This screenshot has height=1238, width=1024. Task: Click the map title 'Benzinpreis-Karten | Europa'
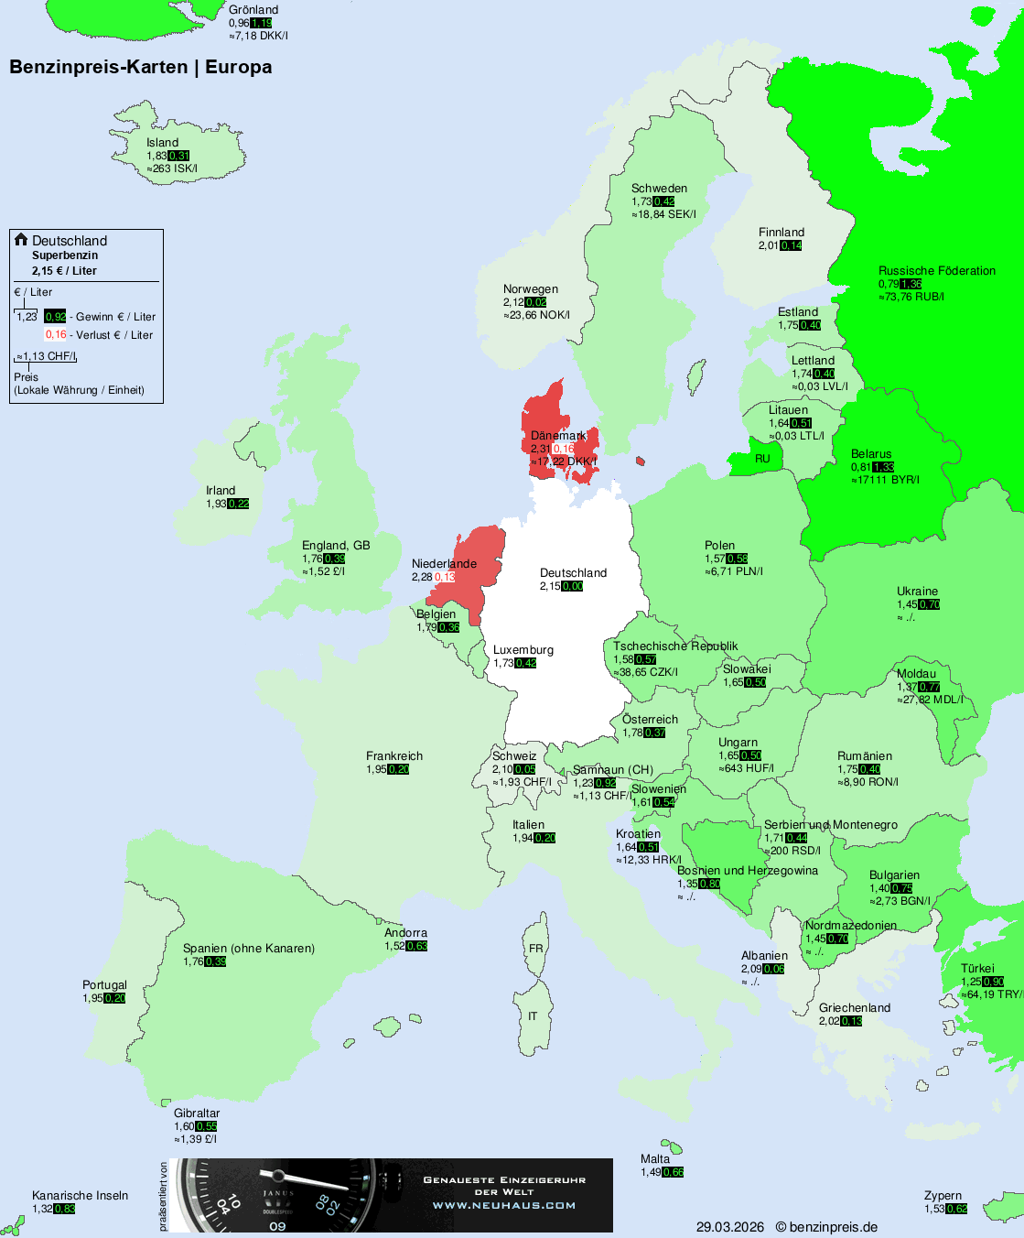[140, 67]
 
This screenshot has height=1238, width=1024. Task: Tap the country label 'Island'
[162, 143]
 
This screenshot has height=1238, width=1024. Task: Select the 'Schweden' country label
[659, 189]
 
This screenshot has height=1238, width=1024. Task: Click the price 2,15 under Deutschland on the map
[550, 586]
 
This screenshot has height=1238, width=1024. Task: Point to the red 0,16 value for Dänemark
[564, 449]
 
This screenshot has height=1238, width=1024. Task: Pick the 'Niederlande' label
[444, 564]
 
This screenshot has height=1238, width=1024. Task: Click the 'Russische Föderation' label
[936, 271]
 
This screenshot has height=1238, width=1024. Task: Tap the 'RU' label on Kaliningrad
[762, 459]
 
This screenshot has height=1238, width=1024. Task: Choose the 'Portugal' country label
[104, 985]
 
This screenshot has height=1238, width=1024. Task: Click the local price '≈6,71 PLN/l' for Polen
[733, 571]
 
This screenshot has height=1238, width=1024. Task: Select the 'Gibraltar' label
[197, 1113]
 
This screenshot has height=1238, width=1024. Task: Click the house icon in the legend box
[21, 240]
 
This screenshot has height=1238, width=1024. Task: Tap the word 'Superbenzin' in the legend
[65, 255]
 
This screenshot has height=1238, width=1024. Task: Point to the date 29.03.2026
[729, 1227]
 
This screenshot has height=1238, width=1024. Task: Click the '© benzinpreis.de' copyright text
[826, 1227]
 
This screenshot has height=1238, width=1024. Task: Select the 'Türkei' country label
[977, 969]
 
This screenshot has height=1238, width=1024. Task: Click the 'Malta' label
[655, 1159]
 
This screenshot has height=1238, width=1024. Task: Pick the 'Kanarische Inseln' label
[80, 1196]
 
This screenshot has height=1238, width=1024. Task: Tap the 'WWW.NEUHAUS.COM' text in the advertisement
[504, 1205]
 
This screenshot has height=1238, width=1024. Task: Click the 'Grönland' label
[253, 10]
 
